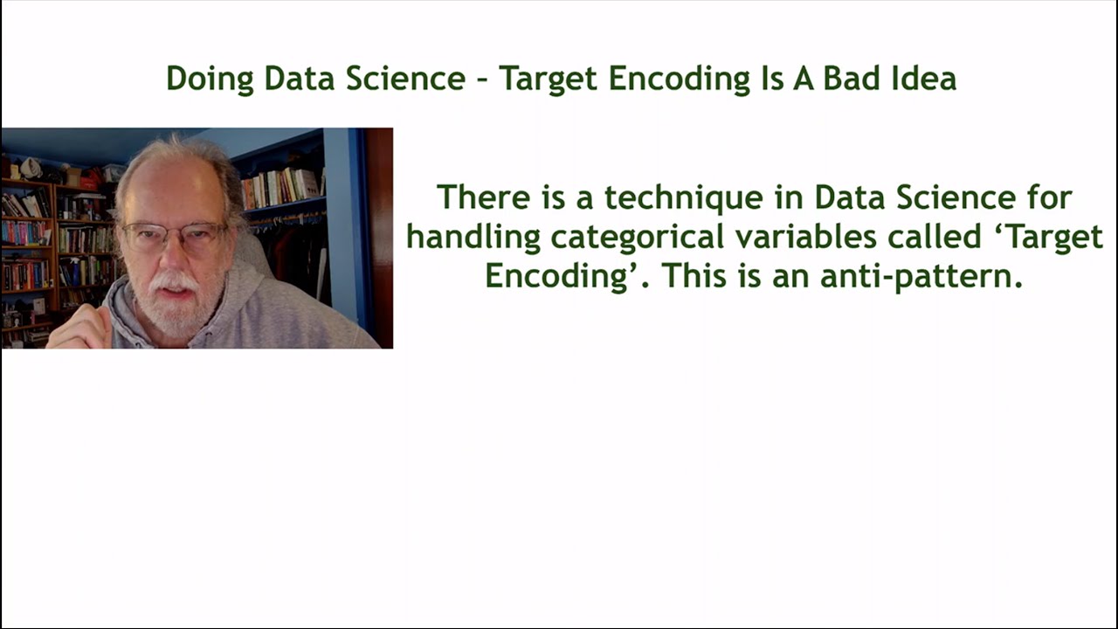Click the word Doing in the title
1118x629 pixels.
(210, 79)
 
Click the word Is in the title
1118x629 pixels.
(765, 79)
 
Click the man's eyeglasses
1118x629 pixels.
(174, 235)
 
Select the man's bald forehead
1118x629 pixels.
(166, 188)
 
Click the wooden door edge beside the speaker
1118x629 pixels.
(379, 236)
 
